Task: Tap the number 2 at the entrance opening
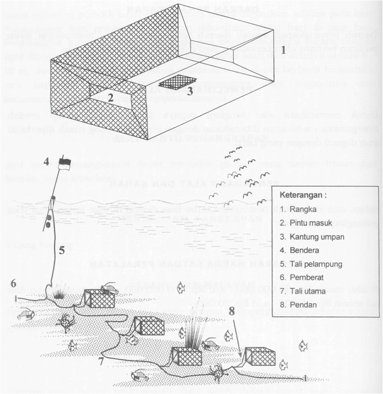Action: pyautogui.click(x=110, y=98)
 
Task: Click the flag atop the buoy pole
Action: pyautogui.click(x=64, y=164)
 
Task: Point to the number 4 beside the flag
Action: pyautogui.click(x=47, y=163)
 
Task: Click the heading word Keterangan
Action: pyautogui.click(x=302, y=194)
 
